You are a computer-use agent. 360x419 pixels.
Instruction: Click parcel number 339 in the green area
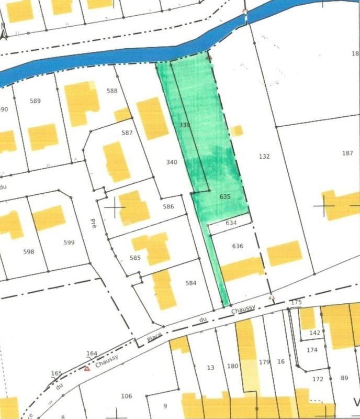tap(184, 125)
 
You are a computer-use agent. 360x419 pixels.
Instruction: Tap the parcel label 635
tap(225, 197)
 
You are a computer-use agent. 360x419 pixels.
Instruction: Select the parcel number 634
tap(231, 223)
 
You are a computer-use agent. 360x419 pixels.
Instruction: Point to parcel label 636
tap(238, 246)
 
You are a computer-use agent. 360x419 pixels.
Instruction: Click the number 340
tap(172, 162)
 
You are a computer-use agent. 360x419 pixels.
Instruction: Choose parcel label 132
tap(264, 156)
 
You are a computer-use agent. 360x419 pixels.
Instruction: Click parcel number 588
tap(111, 91)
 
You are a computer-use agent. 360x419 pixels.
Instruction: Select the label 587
tap(127, 133)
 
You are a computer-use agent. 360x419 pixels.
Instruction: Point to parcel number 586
tap(168, 207)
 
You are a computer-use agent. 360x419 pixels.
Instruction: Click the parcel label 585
tap(136, 258)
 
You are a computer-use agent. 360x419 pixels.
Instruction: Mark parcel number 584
tap(190, 283)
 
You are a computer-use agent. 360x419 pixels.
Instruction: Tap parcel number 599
tap(69, 242)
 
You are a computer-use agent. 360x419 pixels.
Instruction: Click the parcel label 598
tap(29, 252)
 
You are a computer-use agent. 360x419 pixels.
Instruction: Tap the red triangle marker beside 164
tap(87, 368)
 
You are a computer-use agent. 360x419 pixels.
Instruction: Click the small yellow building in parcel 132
tap(238, 130)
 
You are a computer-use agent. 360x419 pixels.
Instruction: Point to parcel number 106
tap(126, 395)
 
